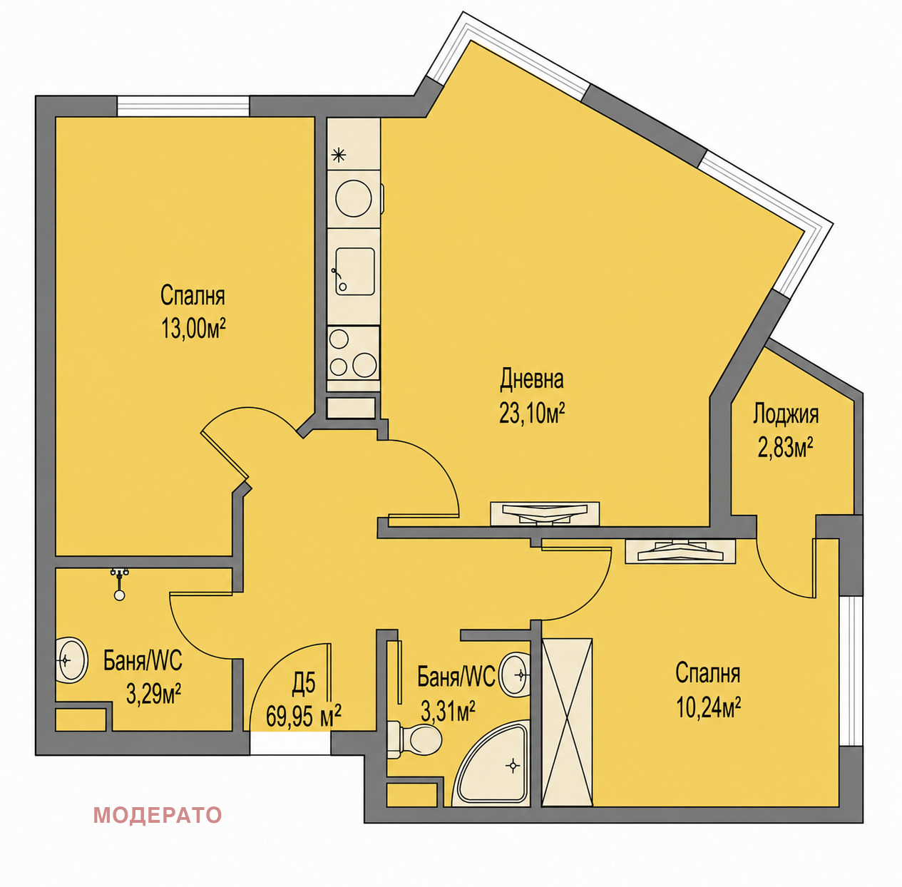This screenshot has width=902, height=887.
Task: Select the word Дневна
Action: coord(532,379)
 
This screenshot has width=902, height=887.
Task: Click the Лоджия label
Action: coord(786,415)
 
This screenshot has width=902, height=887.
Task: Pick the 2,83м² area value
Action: coord(786,448)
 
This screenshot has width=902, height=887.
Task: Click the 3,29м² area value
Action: coord(153,694)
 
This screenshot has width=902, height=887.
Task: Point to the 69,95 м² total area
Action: coord(303,716)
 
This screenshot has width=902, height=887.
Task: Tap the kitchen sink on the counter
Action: coord(355,272)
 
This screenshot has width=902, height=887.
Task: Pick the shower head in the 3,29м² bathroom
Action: coord(120,584)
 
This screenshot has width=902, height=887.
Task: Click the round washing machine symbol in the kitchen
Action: coord(354,198)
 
